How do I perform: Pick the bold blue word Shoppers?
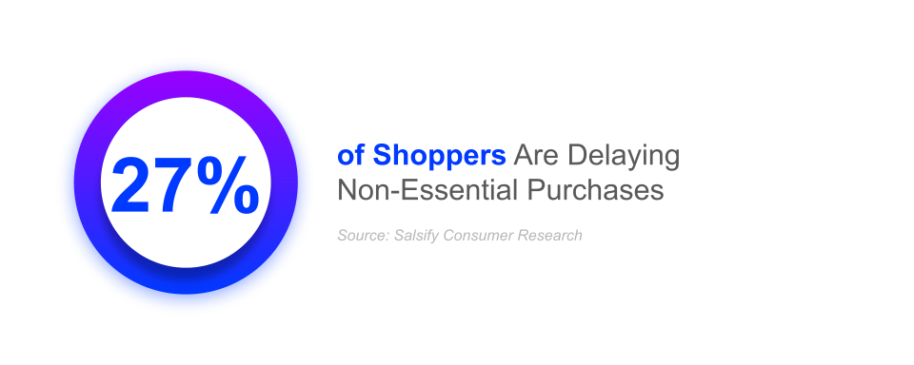(439, 156)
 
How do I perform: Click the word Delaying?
(624, 157)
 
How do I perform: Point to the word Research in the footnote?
(550, 235)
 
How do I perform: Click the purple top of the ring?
(185, 87)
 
